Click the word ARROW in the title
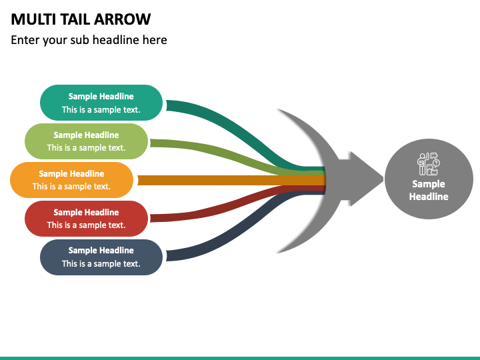pos(122,19)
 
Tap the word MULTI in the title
pos(33,19)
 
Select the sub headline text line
pos(89,40)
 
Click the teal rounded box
pos(101,103)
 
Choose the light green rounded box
pos(86,141)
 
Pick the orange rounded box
pos(71,180)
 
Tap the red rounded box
pos(86,219)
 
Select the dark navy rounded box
pos(101,257)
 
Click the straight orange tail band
pos(232,180)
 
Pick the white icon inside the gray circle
pos(429,164)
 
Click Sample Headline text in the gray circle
pos(429,190)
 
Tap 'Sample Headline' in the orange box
pos(71,173)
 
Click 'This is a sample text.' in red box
pos(86,225)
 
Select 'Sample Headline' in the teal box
pos(101,96)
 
